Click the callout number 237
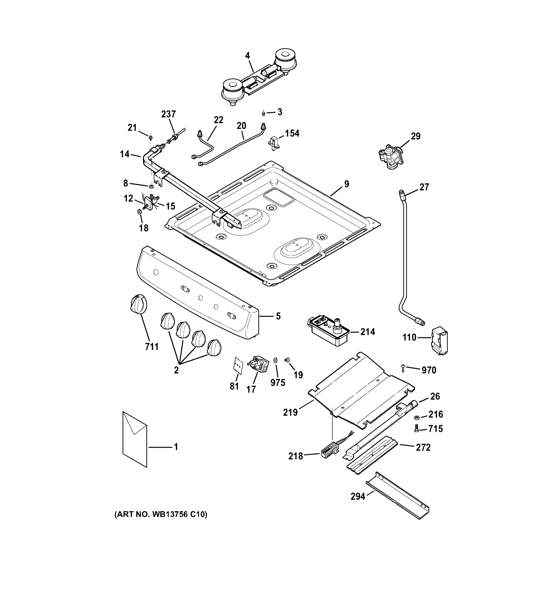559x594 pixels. pyautogui.click(x=168, y=114)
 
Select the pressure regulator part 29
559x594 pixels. pyautogui.click(x=390, y=155)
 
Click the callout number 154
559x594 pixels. pyautogui.click(x=292, y=133)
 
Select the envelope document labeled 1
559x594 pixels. pyautogui.click(x=135, y=439)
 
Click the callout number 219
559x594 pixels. pyautogui.click(x=290, y=413)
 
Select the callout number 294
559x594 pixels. pyautogui.click(x=358, y=496)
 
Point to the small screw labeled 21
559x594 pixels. pyautogui.click(x=151, y=138)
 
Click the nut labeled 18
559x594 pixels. pyautogui.click(x=139, y=212)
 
